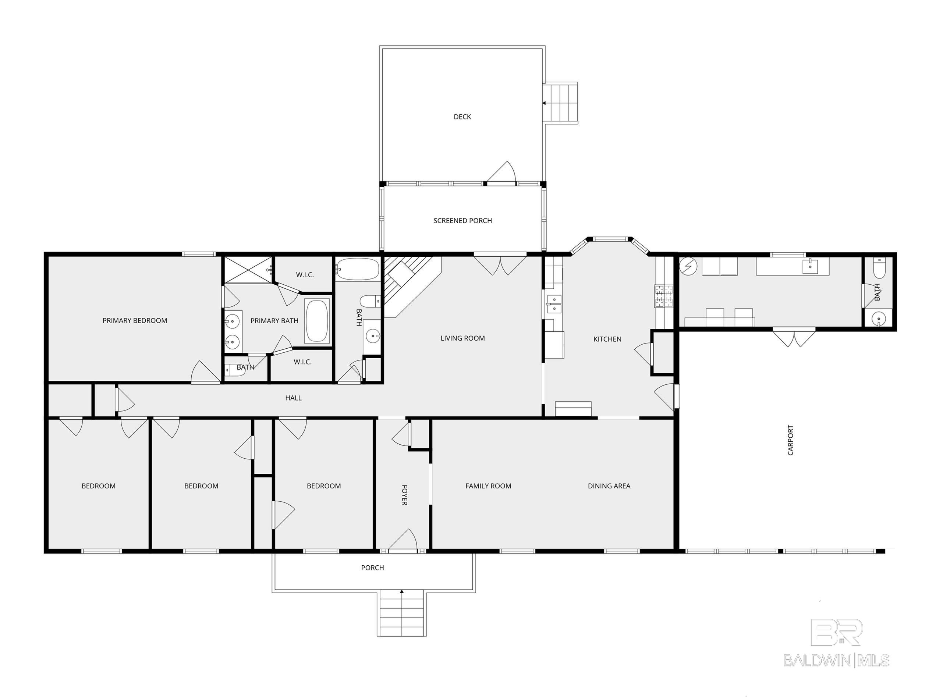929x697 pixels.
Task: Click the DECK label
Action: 462,117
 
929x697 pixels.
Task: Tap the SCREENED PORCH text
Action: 462,220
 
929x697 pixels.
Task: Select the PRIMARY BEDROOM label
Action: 135,320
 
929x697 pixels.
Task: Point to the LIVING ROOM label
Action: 462,338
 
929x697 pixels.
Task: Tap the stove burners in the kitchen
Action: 663,296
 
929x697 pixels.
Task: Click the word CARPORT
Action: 790,440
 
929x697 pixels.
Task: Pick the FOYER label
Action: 404,495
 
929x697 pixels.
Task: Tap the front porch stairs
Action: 401,613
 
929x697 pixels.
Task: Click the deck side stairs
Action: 561,103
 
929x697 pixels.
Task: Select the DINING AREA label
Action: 609,486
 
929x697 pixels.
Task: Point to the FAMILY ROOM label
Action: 488,486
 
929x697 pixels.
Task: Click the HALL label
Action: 293,398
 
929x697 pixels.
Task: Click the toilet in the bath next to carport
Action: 879,269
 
